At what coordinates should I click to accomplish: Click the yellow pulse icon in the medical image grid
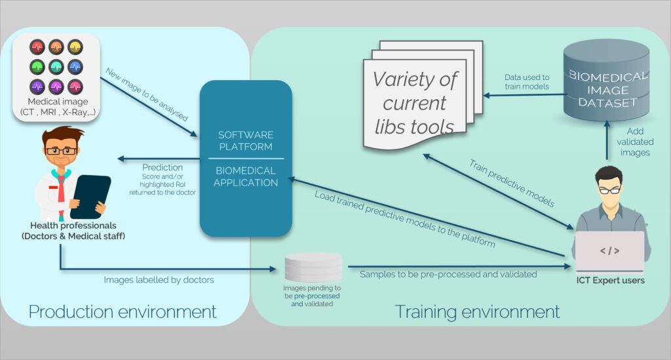pos(75,47)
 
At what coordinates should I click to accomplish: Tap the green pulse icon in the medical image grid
pos(37,66)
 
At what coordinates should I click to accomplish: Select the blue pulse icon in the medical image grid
pos(75,66)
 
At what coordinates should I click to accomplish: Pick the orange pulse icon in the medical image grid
pos(56,47)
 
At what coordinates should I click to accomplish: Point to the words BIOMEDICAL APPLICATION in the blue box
pos(246,176)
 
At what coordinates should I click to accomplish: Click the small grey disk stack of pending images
pos(313,268)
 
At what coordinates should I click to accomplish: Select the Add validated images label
pos(635,142)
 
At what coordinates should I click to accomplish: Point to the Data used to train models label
pos(527,82)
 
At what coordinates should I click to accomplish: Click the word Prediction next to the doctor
pos(163,167)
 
